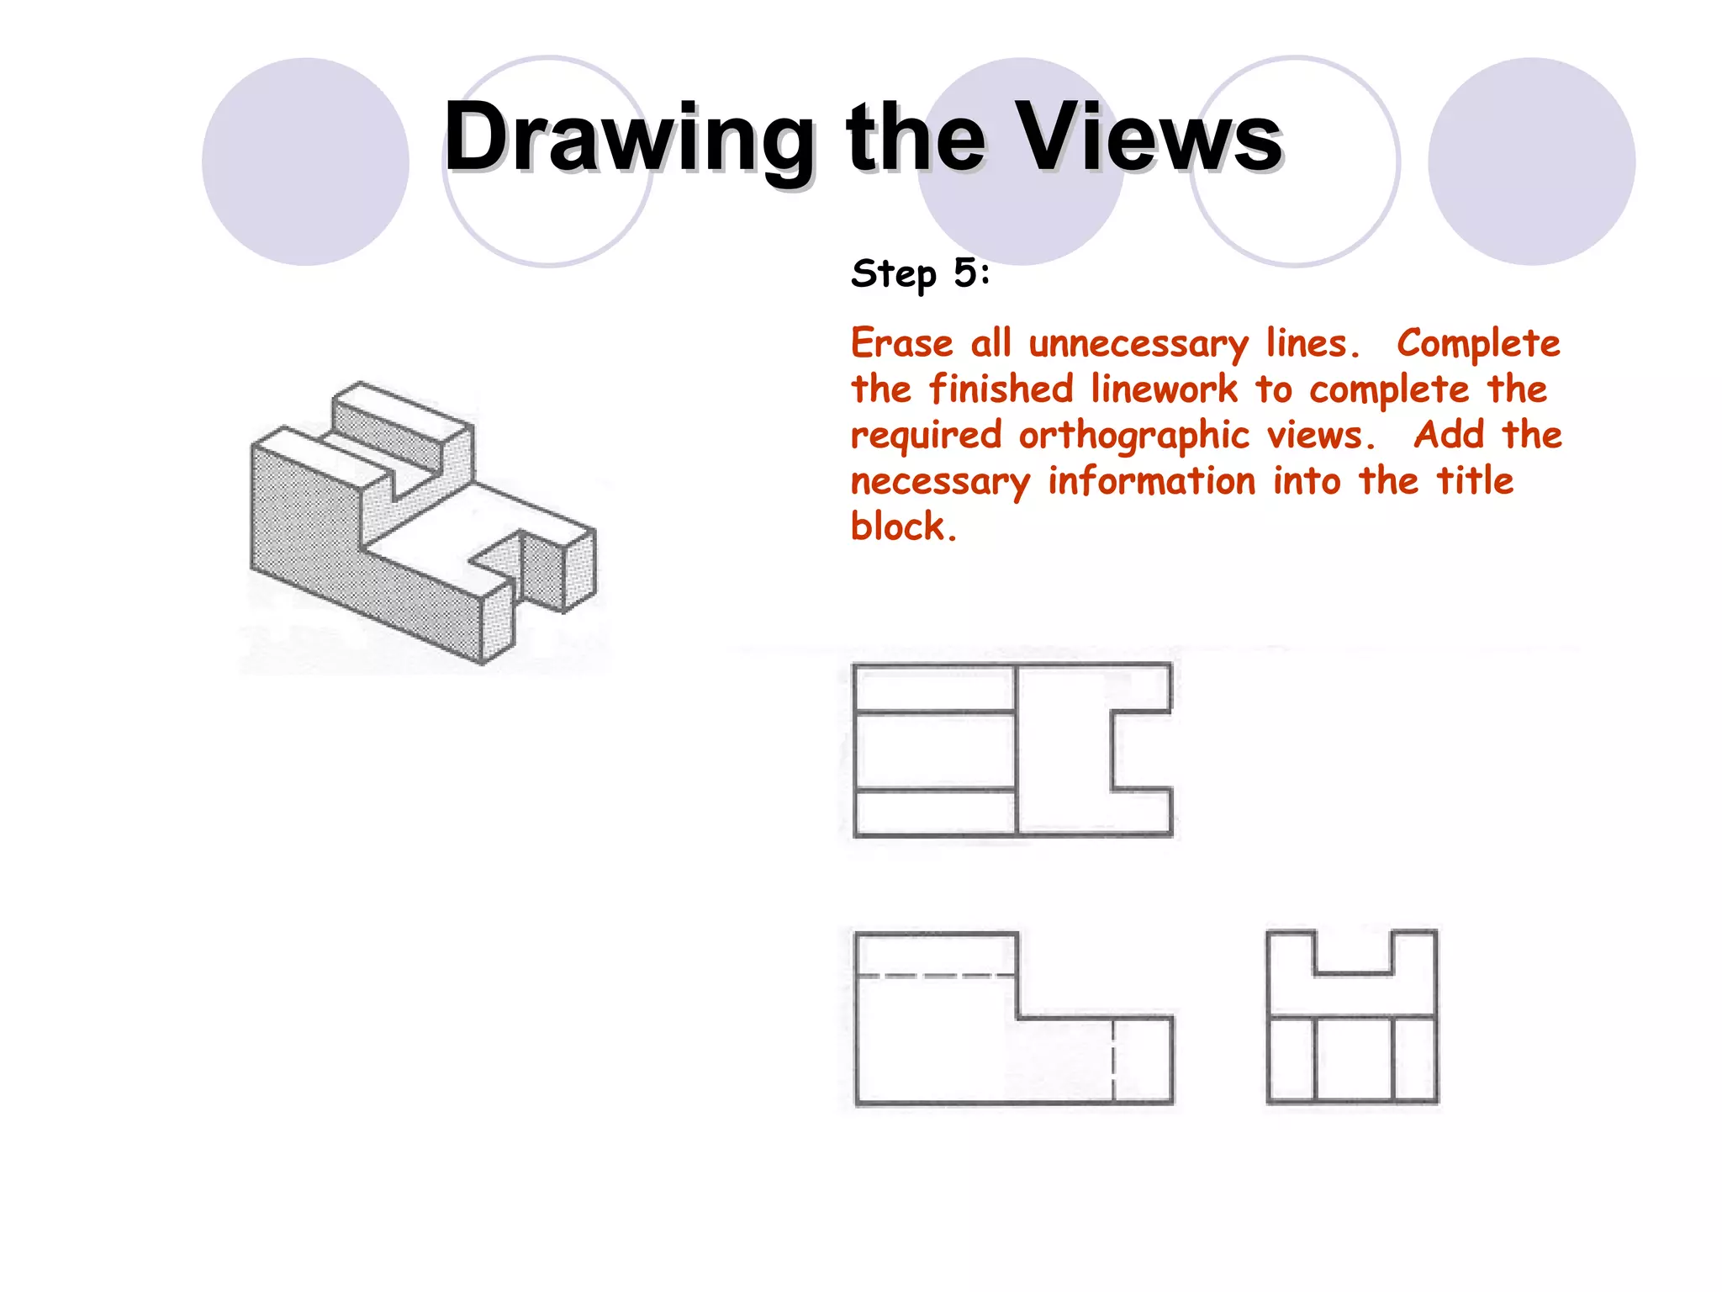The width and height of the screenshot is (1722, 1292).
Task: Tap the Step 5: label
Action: (921, 273)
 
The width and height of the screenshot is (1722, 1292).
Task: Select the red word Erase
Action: (901, 344)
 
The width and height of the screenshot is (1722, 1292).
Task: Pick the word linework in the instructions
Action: (1165, 390)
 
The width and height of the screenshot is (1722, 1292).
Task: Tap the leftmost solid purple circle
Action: (305, 161)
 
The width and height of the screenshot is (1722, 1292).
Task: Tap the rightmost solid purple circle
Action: (1531, 161)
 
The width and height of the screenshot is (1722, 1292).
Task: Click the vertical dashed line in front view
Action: (1113, 1060)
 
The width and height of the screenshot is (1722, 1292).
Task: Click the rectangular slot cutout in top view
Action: (1142, 751)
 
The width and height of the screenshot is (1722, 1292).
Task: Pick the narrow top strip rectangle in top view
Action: (934, 689)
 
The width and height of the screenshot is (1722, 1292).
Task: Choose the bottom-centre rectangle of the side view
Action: (1352, 1059)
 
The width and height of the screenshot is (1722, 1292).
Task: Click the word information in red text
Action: (1151, 482)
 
